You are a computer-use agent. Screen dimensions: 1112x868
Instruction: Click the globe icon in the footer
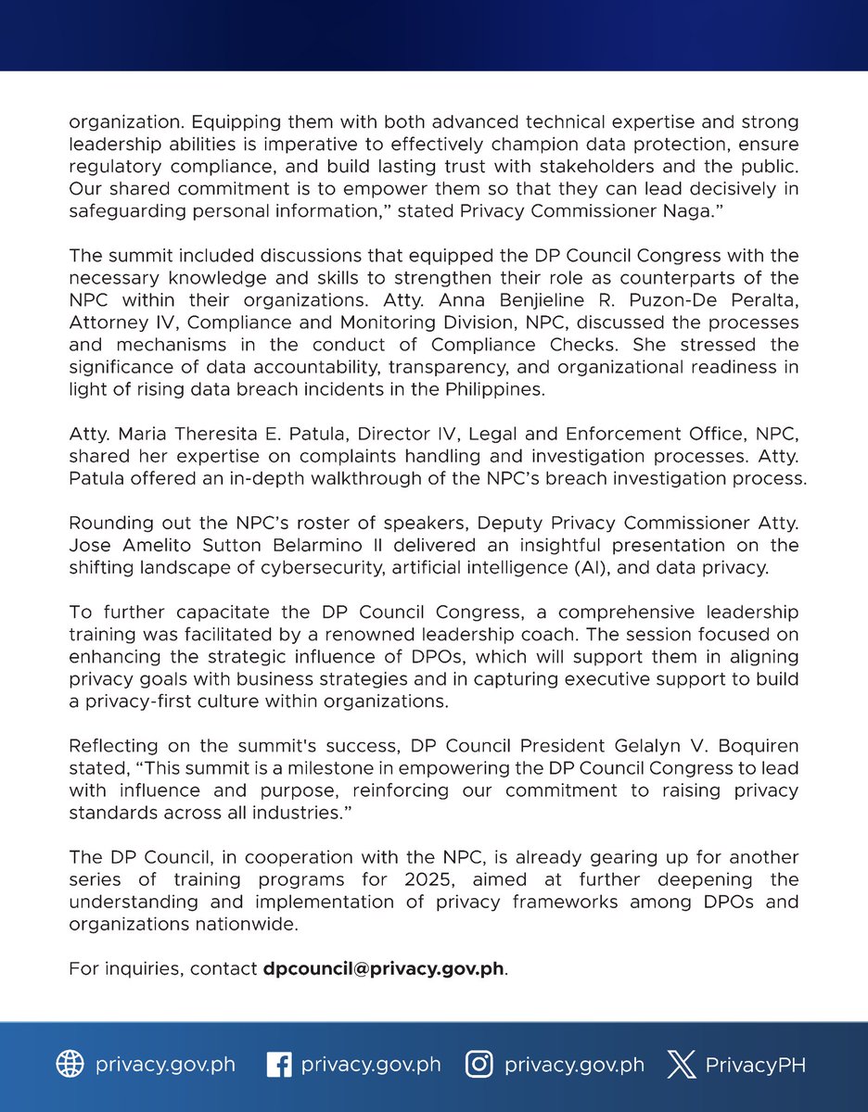coord(70,1065)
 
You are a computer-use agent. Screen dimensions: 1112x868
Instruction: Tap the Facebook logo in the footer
coord(278,1065)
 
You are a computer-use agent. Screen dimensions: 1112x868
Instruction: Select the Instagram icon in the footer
coord(479,1065)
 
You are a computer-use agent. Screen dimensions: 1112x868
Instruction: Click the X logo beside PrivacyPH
coord(682,1065)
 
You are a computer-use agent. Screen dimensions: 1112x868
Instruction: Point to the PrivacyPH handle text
coord(755,1065)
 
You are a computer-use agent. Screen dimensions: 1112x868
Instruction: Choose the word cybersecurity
coord(333,568)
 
